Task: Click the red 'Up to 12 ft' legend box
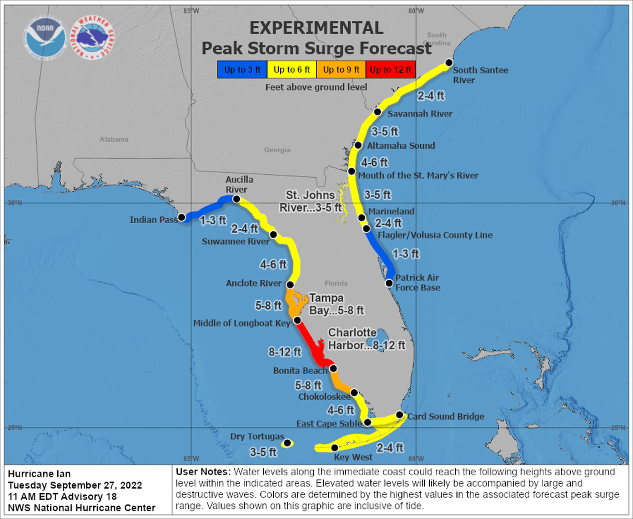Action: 391,69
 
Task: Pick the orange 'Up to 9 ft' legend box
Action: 343,69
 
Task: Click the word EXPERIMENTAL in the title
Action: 316,28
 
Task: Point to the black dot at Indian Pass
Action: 182,217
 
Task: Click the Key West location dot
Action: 334,448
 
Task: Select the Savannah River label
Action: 419,114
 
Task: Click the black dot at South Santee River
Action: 449,63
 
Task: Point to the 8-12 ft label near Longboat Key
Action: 285,351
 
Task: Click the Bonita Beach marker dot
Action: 333,368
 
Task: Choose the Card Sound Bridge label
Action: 445,416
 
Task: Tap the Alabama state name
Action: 114,139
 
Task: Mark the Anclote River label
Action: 254,283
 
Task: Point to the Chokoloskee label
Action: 324,397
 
